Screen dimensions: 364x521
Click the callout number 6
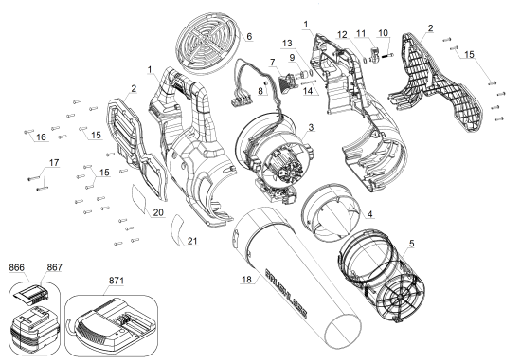pos(249,37)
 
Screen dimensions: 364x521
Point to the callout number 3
pos(311,127)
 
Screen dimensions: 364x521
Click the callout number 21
pos(192,243)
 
